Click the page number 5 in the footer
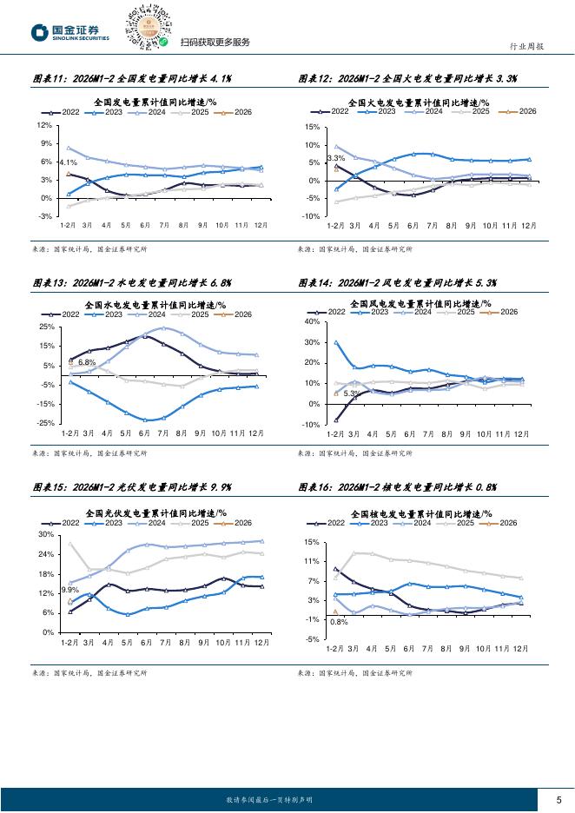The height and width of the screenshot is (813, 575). point(558,800)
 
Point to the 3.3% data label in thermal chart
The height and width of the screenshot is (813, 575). point(335,158)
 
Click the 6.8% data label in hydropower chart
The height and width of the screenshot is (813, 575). point(86,361)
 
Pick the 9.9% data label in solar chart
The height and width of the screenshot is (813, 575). point(69,590)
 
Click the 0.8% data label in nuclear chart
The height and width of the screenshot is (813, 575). point(339,622)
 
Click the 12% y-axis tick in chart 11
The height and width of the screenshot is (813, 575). point(46,125)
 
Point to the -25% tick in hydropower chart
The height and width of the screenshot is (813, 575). point(46,423)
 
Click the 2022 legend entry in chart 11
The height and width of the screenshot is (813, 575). point(63,112)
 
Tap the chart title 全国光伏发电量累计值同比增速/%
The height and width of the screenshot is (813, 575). point(155,512)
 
